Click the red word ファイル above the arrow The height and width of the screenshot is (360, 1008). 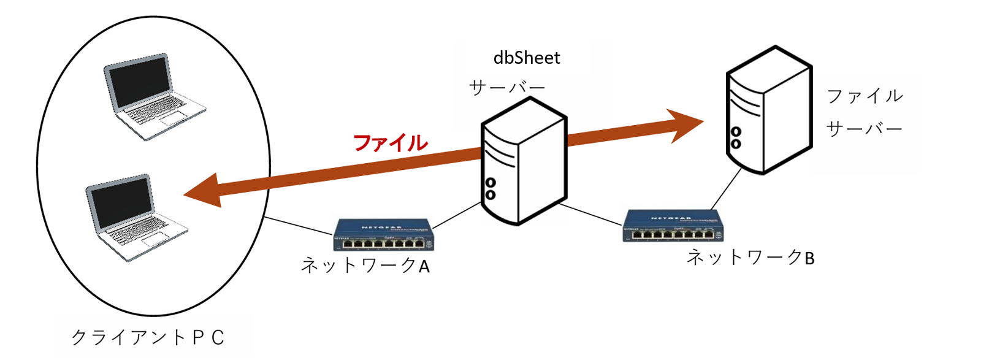pos(391,143)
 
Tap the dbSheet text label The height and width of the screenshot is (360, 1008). pos(527,58)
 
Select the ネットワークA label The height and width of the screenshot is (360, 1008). pos(365,265)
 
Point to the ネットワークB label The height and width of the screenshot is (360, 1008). pos(750,257)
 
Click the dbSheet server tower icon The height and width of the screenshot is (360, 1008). pos(523,162)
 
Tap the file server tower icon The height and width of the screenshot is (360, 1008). pos(768,110)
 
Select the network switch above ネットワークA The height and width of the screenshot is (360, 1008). pos(384,236)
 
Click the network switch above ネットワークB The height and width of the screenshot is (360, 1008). pos(673,226)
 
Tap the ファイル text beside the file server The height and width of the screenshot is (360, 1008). pos(865,96)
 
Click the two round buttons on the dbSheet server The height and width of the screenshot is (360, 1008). pos(491,189)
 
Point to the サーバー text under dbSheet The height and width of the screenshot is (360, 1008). pos(507,88)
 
